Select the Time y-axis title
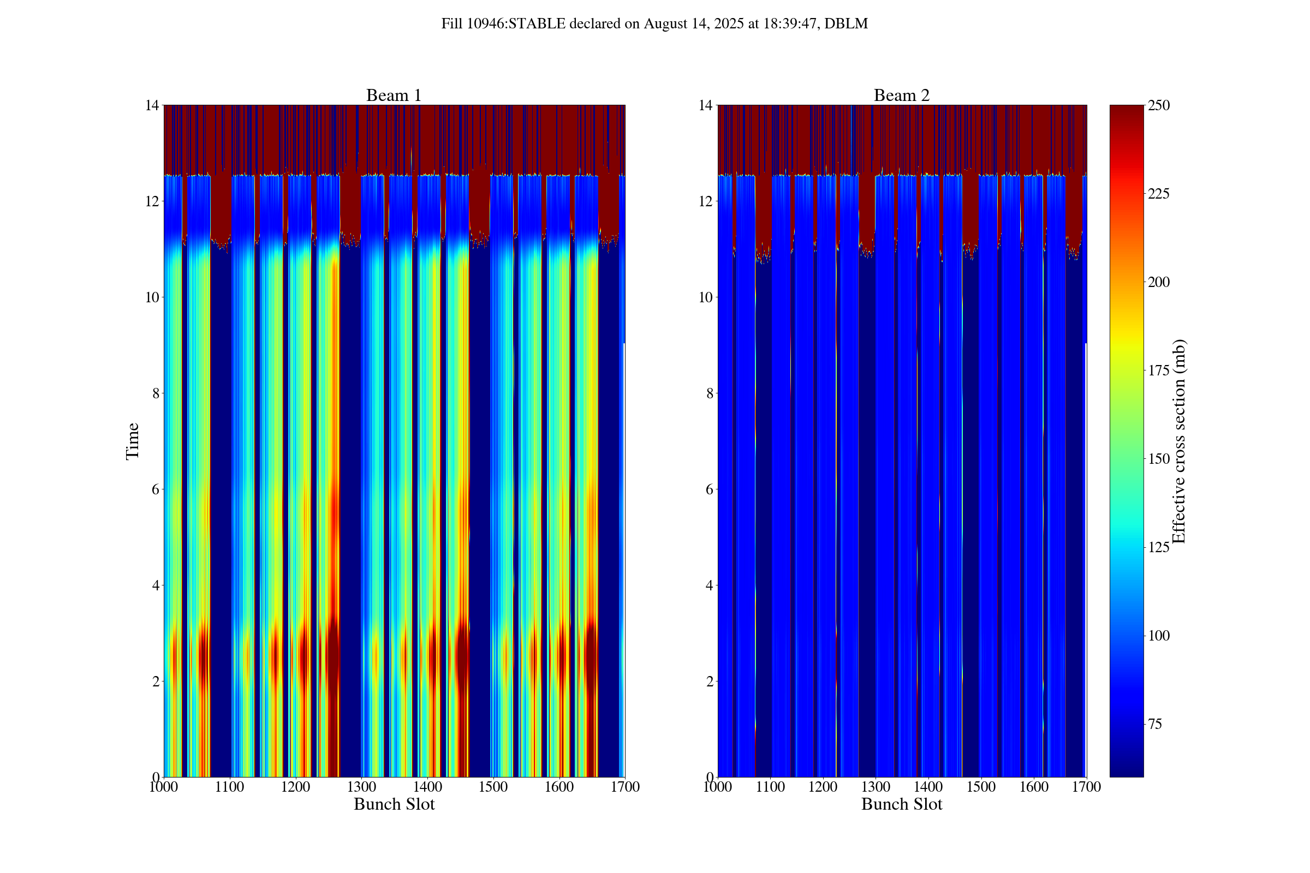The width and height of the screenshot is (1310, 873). [133, 441]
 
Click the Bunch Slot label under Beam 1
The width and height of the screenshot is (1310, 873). [394, 804]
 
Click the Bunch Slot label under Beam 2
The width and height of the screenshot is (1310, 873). [901, 804]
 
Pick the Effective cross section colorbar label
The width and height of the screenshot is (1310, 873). [1178, 441]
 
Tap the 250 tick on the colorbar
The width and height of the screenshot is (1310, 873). [1158, 105]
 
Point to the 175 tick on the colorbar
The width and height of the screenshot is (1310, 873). [1158, 371]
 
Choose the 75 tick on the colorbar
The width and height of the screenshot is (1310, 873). [1154, 724]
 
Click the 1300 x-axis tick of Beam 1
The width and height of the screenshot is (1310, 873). [361, 787]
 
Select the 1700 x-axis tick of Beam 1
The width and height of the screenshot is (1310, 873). [625, 787]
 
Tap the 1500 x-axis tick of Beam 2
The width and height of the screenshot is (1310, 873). [981, 787]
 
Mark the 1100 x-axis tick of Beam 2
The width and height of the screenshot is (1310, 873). [770, 787]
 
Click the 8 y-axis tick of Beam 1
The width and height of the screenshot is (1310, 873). [156, 393]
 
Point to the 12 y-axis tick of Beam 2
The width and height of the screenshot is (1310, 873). [706, 201]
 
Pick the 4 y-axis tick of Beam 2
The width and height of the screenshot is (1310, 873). [709, 585]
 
